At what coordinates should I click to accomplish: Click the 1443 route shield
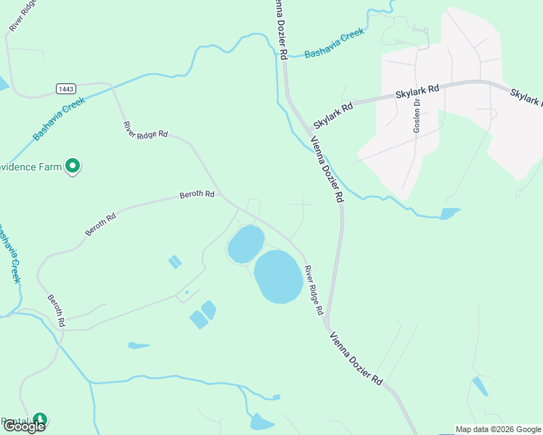[66, 88]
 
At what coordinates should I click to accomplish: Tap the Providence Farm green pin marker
[73, 167]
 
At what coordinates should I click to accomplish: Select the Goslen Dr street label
[417, 114]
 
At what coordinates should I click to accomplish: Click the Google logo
[23, 426]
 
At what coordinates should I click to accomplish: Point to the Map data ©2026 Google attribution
[497, 429]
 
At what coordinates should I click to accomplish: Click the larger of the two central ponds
[279, 276]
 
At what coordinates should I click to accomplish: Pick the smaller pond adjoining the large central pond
[245, 244]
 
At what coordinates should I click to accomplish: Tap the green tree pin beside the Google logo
[41, 420]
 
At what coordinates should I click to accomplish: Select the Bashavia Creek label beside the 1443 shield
[59, 118]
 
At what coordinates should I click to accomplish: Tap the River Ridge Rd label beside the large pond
[314, 289]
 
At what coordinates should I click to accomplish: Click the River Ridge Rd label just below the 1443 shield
[145, 130]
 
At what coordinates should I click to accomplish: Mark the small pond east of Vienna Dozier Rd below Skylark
[449, 213]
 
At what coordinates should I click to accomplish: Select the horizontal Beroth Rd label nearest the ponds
[197, 194]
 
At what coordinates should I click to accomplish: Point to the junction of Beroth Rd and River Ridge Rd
[224, 196]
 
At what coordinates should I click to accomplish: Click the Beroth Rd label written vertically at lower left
[57, 310]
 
